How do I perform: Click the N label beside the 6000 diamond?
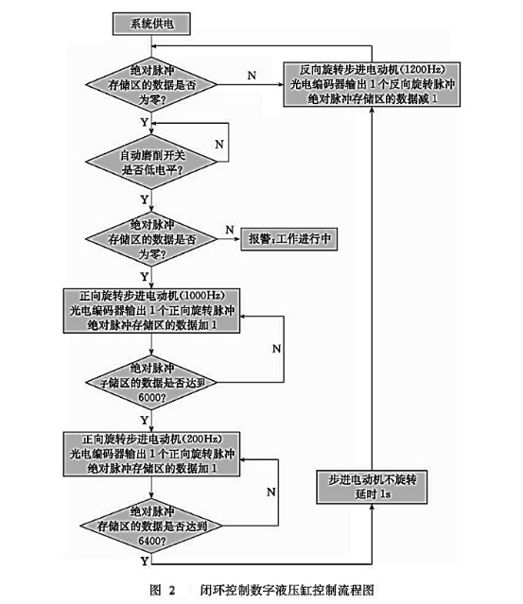tap(276, 349)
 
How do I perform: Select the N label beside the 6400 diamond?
tap(270, 492)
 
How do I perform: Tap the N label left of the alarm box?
tap(229, 229)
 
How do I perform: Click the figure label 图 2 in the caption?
tap(158, 587)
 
